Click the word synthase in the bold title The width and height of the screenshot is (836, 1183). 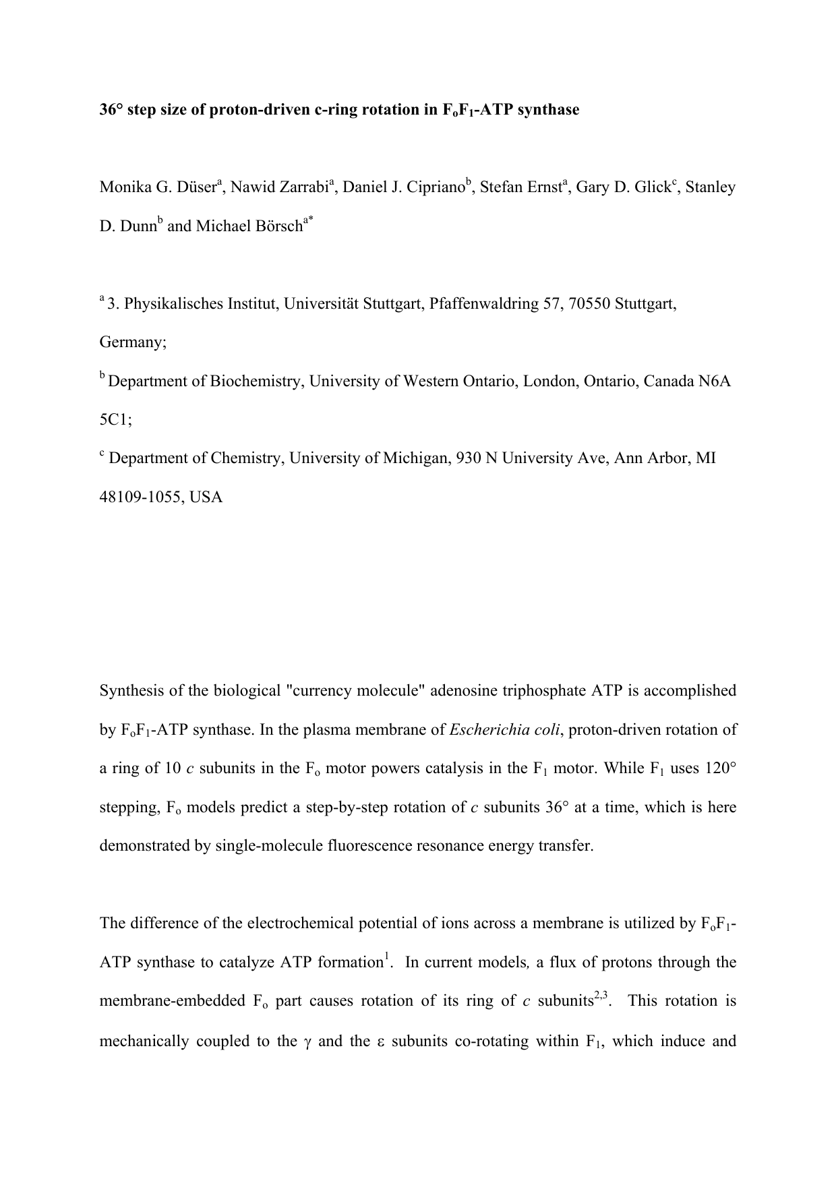coord(549,110)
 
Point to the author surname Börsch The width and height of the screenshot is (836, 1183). coord(276,226)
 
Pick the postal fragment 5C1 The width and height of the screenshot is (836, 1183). coord(115,420)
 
